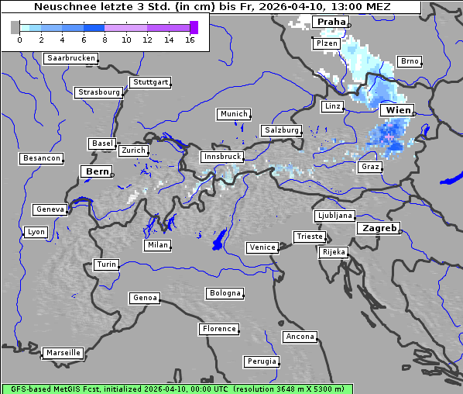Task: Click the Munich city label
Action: (x=234, y=114)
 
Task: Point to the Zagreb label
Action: (x=378, y=228)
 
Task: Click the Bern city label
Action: (x=98, y=171)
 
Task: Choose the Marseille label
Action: (x=63, y=352)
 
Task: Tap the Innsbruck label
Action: (x=221, y=157)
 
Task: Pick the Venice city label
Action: (x=262, y=247)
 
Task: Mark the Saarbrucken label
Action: (x=71, y=58)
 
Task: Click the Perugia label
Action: (x=261, y=361)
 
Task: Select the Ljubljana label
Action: (x=334, y=216)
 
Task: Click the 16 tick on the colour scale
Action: (x=190, y=40)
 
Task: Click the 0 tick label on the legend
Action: (x=19, y=40)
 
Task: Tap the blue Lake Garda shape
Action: (x=220, y=240)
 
